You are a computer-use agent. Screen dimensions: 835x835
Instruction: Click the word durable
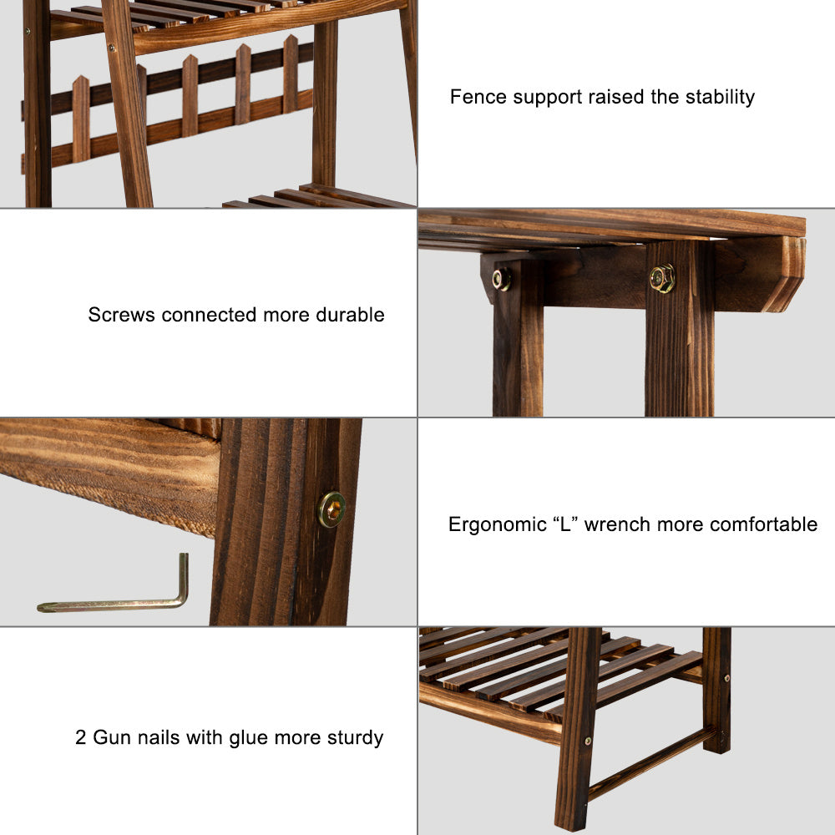coord(350,315)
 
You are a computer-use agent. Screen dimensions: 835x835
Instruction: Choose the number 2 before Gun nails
coord(80,737)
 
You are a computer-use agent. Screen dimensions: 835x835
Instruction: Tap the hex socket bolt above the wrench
coord(331,509)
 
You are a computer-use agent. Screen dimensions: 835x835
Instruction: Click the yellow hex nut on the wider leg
coord(662,278)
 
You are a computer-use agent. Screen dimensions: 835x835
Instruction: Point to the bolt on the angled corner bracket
coord(501,279)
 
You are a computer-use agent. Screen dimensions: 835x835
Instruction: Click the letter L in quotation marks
coord(565,524)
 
